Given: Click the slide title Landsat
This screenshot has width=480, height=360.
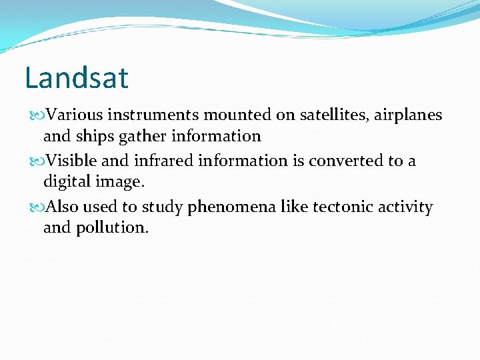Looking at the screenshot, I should coord(76,78).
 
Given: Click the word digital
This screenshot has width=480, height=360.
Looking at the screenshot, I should coord(66,182).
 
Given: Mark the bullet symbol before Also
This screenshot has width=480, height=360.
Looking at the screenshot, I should coord(36,208).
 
